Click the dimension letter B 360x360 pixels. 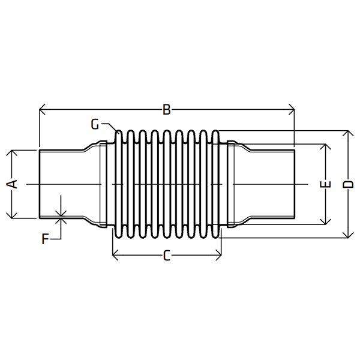[x=167, y=109]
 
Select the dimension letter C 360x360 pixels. [x=167, y=256]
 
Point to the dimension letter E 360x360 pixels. [x=327, y=184]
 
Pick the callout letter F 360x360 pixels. [x=45, y=239]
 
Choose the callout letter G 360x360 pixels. [x=95, y=124]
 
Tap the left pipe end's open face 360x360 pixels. [x=40, y=184]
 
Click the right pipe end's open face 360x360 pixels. [x=295, y=184]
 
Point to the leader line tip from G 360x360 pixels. [x=118, y=132]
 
